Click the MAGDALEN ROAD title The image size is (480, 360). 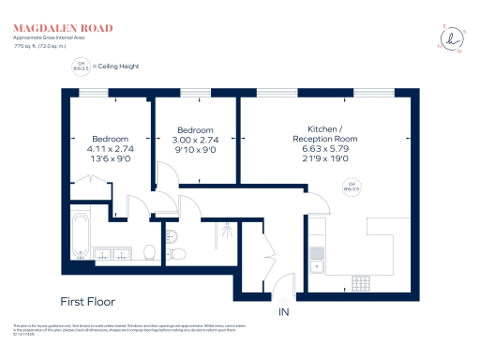click(63, 28)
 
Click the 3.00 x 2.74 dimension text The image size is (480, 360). click(195, 140)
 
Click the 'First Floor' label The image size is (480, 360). click(87, 302)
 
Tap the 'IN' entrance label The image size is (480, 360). click(283, 311)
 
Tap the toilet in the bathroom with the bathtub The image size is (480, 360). click(149, 251)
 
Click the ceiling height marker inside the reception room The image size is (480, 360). click(352, 185)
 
